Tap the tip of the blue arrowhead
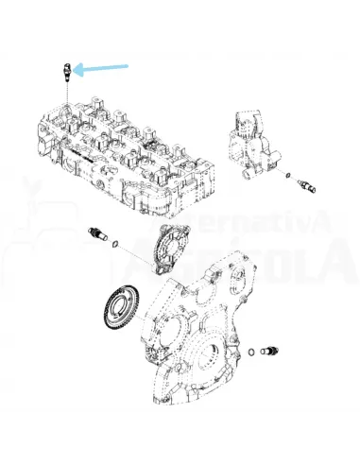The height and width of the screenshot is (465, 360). tap(77, 69)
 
